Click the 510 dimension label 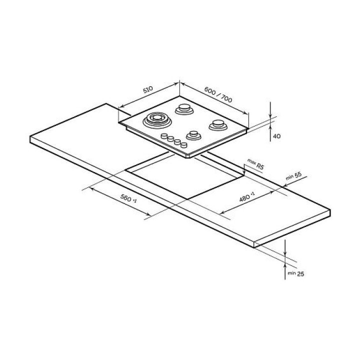tap(148, 90)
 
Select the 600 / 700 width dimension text tap(218, 95)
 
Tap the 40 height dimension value tap(277, 136)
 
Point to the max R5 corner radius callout tap(255, 163)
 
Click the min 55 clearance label tap(293, 176)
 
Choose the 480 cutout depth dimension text tap(247, 197)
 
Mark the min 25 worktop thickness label tap(296, 273)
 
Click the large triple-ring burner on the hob tap(157, 120)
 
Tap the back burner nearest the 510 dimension tap(184, 109)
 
